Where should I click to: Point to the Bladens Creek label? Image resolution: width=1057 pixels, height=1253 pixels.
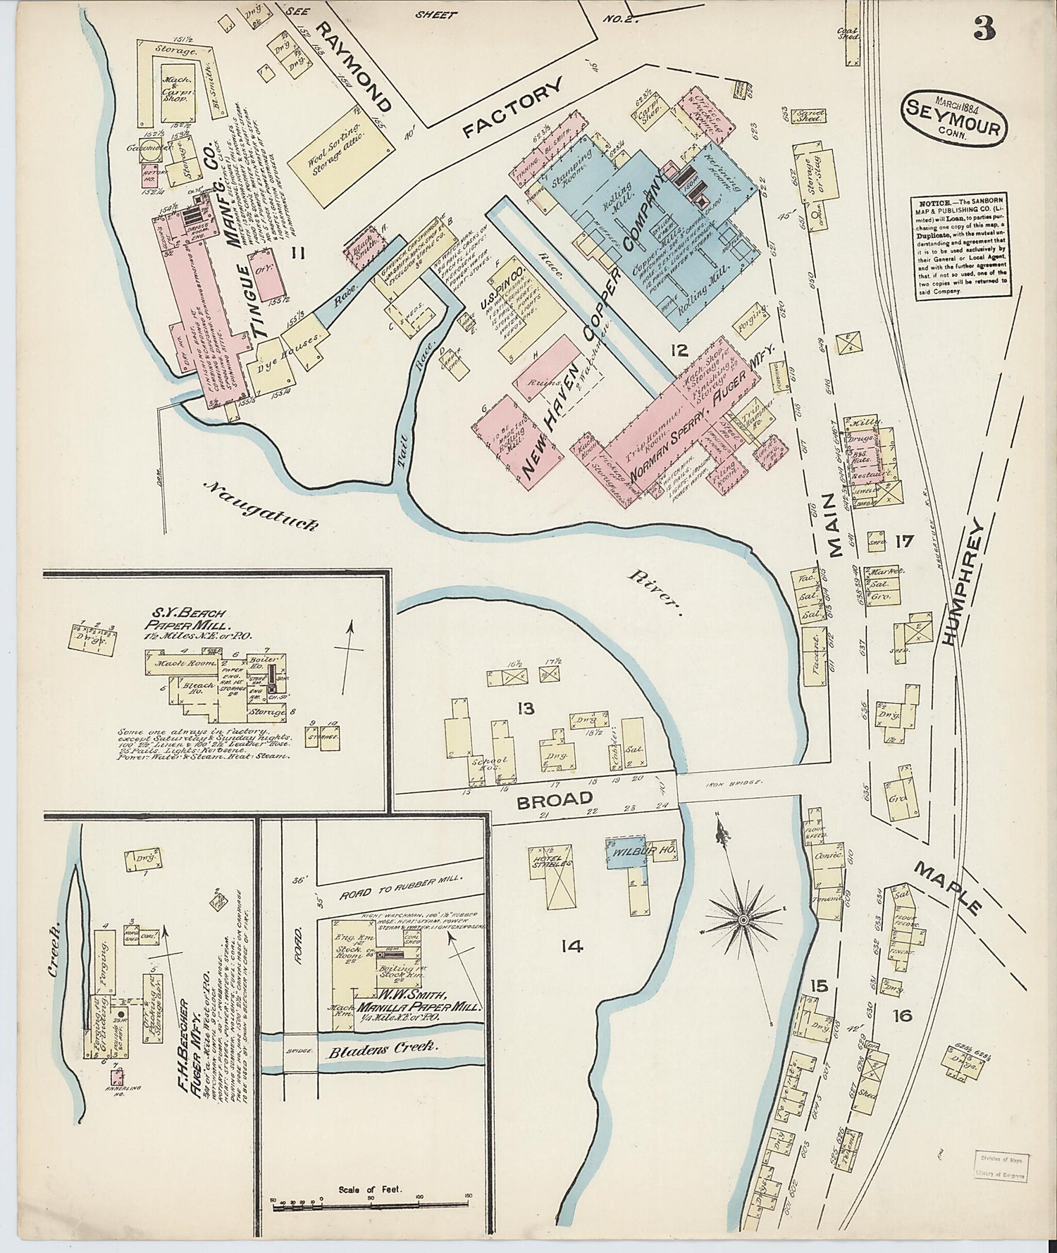pyautogui.click(x=384, y=1048)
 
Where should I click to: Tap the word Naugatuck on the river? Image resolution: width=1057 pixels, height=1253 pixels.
pyautogui.click(x=261, y=504)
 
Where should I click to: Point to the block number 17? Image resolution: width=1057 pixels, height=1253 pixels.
pyautogui.click(x=903, y=542)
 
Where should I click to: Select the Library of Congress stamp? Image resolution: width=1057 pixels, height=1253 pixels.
pyautogui.click(x=999, y=1166)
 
